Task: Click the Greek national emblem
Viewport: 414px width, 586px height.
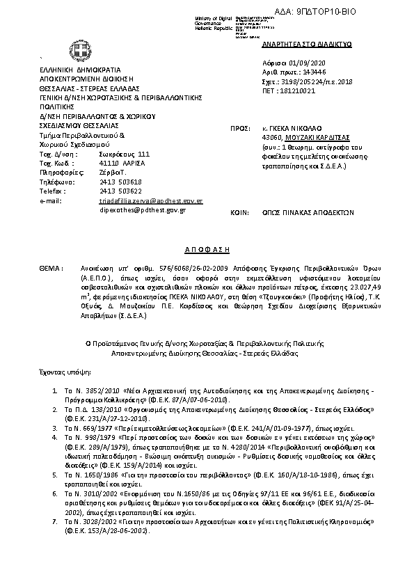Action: (x=77, y=49)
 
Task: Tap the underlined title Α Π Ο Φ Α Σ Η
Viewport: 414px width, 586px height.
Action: (x=206, y=248)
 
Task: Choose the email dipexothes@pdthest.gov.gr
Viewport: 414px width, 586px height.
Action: (x=143, y=209)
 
